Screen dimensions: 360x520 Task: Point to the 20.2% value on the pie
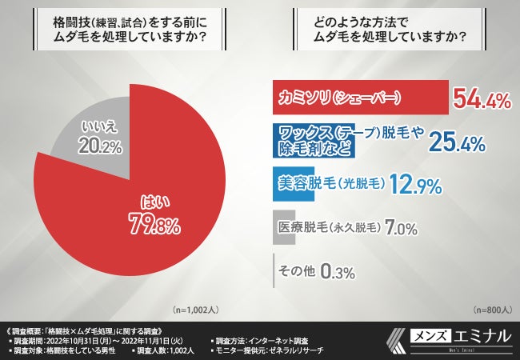point(100,145)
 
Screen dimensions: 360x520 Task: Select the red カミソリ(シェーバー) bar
point(360,98)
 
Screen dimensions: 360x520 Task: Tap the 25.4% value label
point(458,142)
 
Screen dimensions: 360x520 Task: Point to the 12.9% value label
point(415,186)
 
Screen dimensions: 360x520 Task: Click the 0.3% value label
point(337,271)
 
